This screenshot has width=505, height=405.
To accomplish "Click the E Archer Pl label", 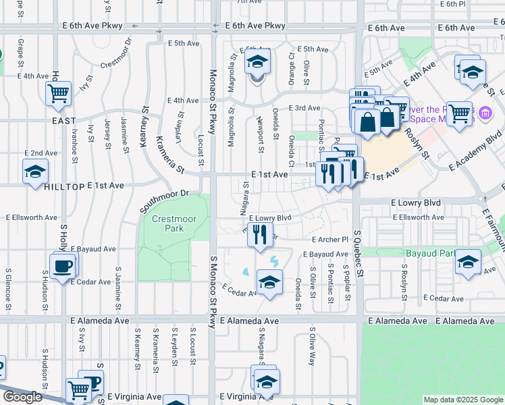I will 329,240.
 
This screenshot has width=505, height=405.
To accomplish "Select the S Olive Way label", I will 312,347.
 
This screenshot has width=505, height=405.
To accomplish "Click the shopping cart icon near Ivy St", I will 59,93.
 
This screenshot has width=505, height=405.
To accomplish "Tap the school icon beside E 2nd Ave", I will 35,171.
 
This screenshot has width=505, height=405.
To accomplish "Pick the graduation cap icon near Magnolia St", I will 257,62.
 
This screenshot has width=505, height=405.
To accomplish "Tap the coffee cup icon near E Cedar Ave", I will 63,265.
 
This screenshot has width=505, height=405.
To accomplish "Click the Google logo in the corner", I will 22,397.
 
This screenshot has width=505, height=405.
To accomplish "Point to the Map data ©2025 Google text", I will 462,400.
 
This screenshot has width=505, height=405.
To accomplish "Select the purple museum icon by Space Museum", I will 485,113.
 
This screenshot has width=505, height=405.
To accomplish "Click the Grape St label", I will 21,49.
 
